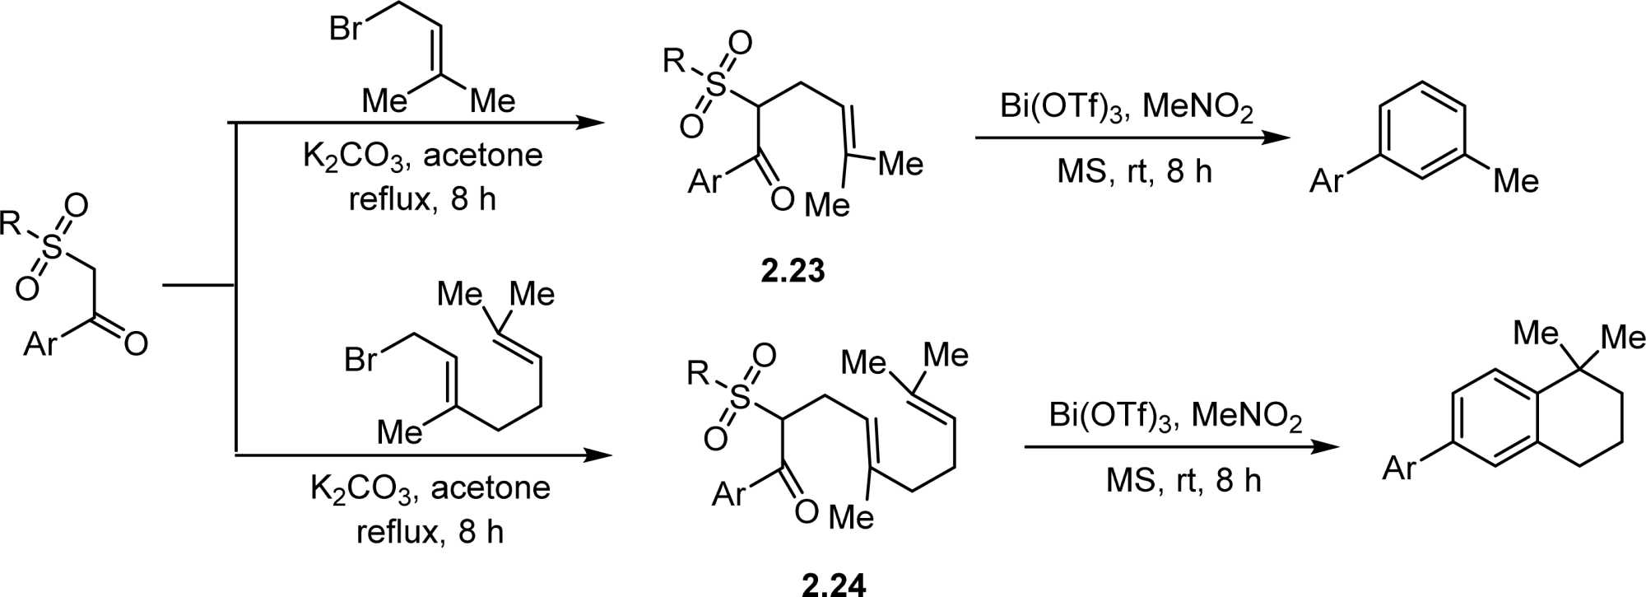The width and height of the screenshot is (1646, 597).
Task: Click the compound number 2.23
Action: pyautogui.click(x=793, y=271)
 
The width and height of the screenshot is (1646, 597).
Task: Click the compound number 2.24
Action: pyautogui.click(x=834, y=584)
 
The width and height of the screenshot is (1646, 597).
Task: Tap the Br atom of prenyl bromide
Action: pyautogui.click(x=345, y=28)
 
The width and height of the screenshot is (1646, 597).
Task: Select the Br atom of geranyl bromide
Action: pyautogui.click(x=360, y=359)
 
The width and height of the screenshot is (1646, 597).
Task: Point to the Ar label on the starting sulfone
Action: pyautogui.click(x=40, y=343)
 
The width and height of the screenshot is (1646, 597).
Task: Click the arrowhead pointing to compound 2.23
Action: pyautogui.click(x=589, y=124)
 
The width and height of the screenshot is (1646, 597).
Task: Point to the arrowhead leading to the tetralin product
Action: pyautogui.click(x=1325, y=447)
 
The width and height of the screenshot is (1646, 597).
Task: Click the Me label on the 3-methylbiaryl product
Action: pyautogui.click(x=1516, y=180)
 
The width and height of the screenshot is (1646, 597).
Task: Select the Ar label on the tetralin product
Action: pyautogui.click(x=1399, y=468)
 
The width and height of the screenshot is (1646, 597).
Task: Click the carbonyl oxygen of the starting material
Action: pyautogui.click(x=136, y=343)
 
